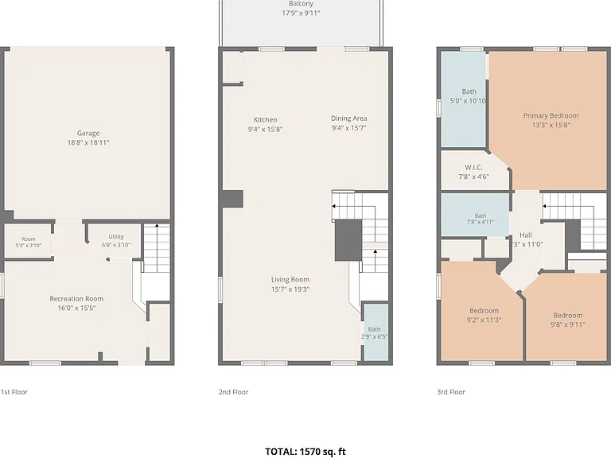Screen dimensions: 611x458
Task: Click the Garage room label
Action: point(88,134)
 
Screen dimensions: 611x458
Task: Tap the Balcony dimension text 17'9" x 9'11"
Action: point(301,14)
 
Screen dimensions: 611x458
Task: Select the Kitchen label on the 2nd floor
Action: point(266,120)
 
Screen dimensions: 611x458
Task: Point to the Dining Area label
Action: point(348,118)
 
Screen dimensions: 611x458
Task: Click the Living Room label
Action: point(290,280)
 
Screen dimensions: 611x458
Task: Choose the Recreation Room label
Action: point(76,299)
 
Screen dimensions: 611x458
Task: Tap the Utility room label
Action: point(116,236)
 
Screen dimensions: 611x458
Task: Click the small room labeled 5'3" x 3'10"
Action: point(29,242)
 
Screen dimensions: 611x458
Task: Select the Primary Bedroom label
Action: point(551,115)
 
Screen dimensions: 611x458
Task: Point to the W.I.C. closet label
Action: point(473,168)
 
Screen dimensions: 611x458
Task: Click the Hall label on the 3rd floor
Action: point(526,235)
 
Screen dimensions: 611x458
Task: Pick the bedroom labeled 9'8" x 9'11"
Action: point(566,317)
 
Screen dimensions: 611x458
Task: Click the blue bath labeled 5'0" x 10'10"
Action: point(463,99)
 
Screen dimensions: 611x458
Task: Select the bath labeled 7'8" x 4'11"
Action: point(475,215)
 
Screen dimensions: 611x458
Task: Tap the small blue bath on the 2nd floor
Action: point(376,332)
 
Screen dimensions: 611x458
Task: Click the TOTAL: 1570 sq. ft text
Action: point(305,452)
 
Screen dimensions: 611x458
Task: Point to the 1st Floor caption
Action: point(14,392)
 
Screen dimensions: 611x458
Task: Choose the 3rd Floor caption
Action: point(451,392)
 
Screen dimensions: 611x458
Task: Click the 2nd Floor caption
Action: point(233,392)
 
